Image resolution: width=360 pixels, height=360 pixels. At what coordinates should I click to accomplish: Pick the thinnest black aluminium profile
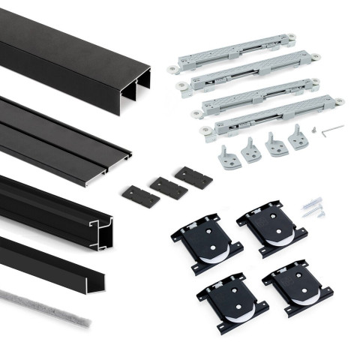point(52,262)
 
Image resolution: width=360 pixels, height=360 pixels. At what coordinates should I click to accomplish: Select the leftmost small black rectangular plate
point(140,196)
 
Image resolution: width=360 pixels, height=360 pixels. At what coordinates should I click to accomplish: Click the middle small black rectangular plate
point(168,187)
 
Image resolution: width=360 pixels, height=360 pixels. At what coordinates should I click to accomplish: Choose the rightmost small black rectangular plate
point(193,178)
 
